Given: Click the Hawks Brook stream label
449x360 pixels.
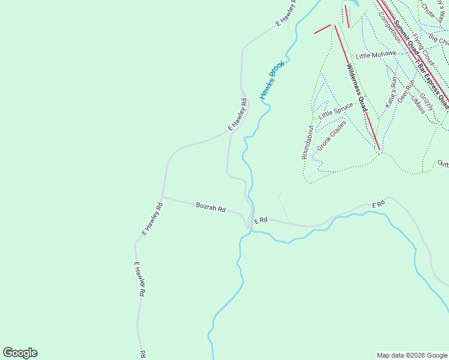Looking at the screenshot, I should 271,80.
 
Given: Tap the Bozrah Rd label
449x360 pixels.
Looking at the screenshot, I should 211,208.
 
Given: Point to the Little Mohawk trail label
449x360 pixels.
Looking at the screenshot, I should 376,55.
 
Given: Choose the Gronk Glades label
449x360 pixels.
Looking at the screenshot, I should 328,135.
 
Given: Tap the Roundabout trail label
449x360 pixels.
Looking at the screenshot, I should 307,142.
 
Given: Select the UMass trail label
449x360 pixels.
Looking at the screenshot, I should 418,106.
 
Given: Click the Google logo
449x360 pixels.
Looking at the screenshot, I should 20,353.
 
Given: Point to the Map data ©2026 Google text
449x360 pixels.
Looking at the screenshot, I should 411,355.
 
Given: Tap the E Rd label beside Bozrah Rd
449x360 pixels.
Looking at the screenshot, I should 260,221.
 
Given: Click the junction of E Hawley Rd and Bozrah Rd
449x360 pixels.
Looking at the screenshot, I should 162,197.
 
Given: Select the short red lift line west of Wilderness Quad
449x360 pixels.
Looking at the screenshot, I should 322,29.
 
